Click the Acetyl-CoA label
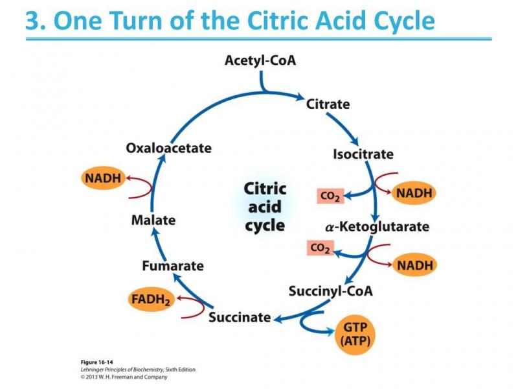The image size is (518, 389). [x=260, y=61]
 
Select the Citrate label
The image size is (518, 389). [x=328, y=104]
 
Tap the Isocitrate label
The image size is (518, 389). [x=363, y=154]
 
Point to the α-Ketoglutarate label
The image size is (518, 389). [x=377, y=227]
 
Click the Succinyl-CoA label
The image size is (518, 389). [x=331, y=290]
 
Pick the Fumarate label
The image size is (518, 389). [x=173, y=266]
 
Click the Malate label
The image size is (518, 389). [x=153, y=220]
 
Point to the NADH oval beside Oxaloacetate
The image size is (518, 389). [x=102, y=178]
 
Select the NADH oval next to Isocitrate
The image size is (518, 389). [x=414, y=193]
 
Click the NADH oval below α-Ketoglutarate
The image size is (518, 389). [x=414, y=265]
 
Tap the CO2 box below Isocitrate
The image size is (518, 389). [x=329, y=196]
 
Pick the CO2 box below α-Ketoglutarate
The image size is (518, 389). [x=320, y=248]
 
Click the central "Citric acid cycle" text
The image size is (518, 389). [x=265, y=207]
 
